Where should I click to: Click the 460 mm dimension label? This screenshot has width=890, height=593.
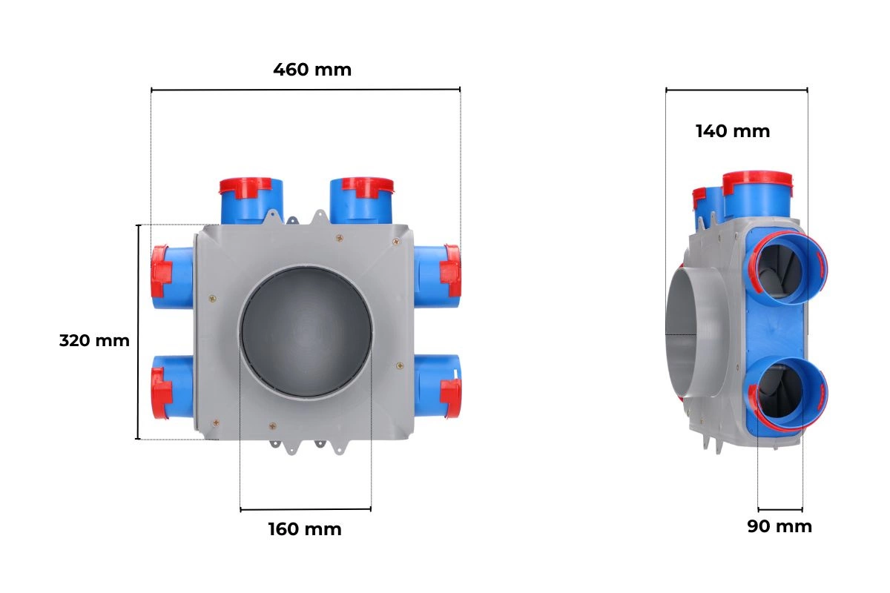312,70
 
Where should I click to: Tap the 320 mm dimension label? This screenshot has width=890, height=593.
95,341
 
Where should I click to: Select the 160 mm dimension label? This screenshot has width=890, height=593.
305,529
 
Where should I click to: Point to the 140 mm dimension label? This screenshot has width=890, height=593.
733,131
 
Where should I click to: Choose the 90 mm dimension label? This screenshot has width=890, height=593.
779,527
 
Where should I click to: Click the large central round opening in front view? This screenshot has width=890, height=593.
306,332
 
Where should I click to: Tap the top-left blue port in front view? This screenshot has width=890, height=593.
251,201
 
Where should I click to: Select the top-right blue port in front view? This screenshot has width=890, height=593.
362,201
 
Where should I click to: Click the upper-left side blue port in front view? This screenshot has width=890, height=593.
172,276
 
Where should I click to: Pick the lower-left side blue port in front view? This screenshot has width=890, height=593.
172,387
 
